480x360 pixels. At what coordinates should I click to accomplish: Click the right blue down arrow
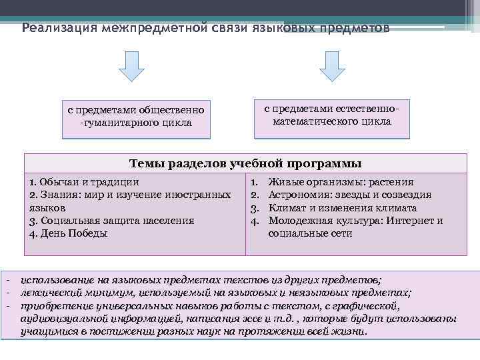331,66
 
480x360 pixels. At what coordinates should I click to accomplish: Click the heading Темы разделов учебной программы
245,163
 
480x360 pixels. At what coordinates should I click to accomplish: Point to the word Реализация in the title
56,29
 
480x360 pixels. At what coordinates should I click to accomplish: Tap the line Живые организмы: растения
341,181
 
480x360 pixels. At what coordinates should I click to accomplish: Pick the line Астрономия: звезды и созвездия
349,195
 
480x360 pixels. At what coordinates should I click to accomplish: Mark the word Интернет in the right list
412,221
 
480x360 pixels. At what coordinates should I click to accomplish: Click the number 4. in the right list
254,221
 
